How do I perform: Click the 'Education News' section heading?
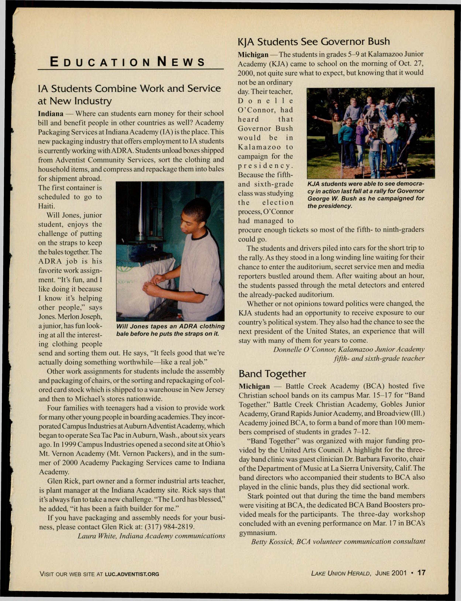128,62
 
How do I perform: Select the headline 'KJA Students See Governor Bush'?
314,42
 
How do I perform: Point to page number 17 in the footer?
421,573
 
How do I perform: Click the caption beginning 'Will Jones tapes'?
170,330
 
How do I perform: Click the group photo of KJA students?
370,133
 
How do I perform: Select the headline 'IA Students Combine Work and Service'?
129,89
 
